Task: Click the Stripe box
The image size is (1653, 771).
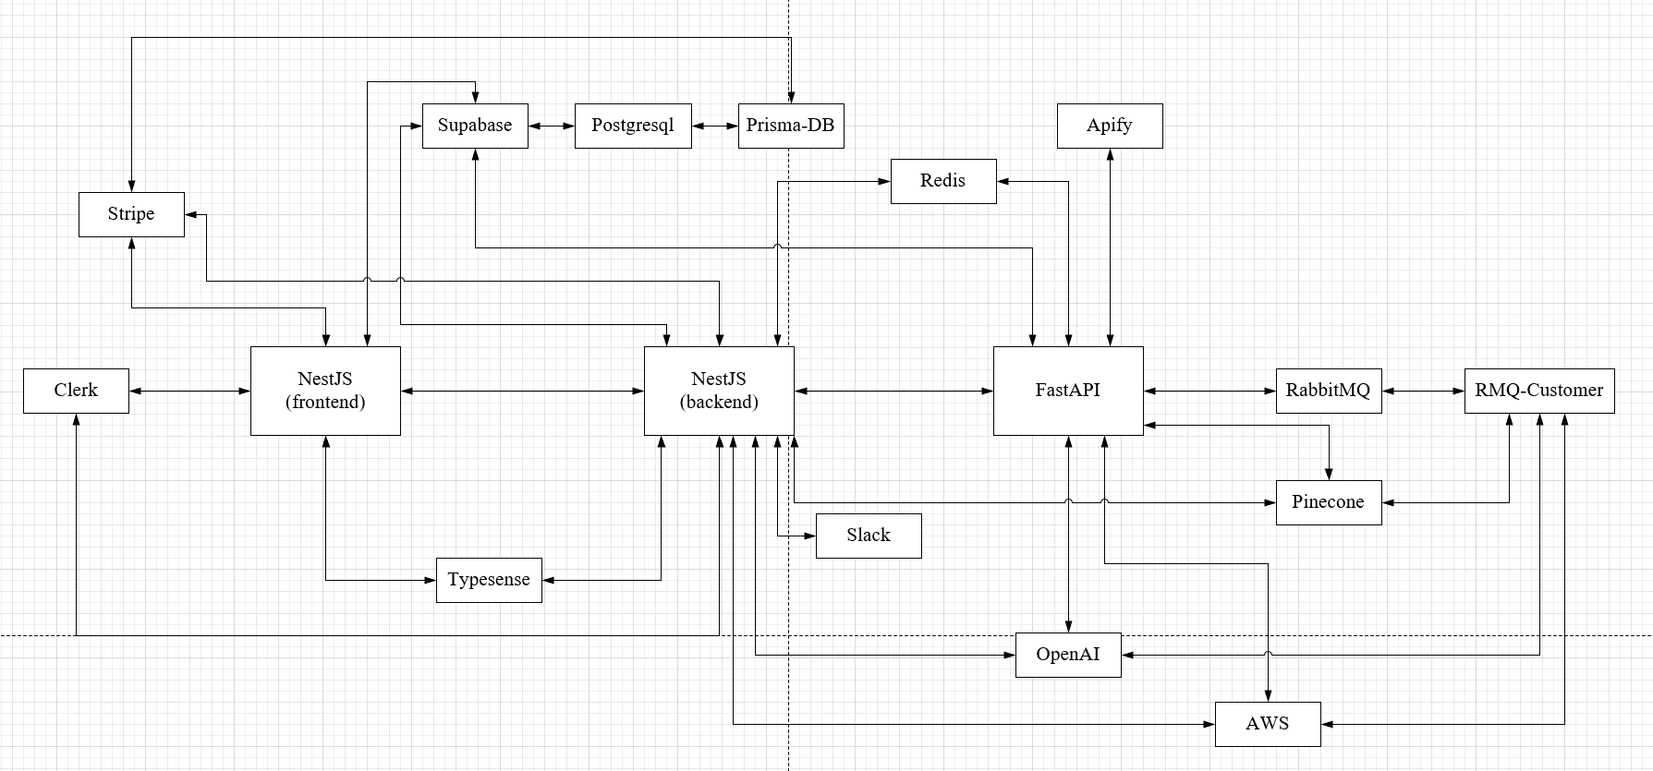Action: [131, 214]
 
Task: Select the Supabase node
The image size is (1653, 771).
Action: [475, 126]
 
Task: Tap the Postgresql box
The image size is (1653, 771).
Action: [633, 126]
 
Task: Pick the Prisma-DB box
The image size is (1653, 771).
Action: [791, 126]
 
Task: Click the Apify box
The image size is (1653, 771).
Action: [1110, 126]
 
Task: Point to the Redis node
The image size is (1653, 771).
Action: [943, 181]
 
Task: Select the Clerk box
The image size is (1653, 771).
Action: [76, 391]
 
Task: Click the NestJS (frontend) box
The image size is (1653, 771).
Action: [325, 391]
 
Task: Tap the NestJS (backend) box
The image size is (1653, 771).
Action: [719, 391]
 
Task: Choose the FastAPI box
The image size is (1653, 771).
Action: [1068, 391]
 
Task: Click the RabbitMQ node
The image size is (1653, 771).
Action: [1329, 391]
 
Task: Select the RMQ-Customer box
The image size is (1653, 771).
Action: [1539, 391]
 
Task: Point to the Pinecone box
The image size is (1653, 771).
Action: [1329, 502]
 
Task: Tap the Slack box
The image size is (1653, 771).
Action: [869, 536]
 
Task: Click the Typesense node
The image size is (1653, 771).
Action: [489, 580]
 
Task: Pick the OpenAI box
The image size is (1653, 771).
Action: [1068, 655]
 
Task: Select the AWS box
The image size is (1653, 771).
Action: [1268, 724]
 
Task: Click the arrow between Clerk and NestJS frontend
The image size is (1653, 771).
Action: [189, 392]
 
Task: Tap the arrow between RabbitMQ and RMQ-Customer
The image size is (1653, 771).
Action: [1423, 392]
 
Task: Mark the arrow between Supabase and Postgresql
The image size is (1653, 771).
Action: [552, 126]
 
